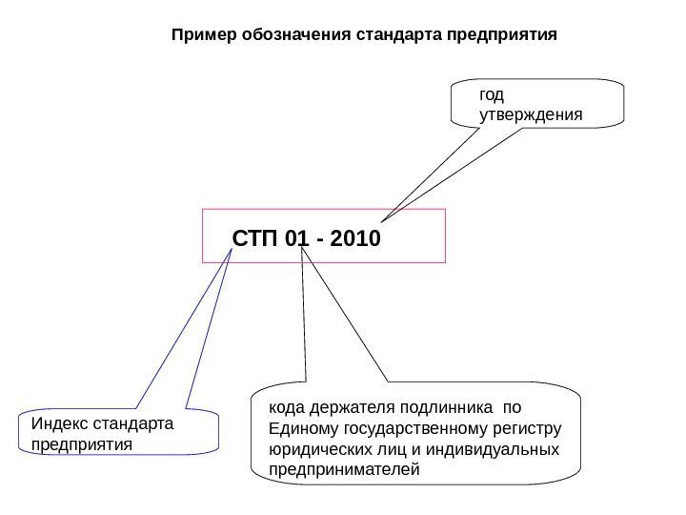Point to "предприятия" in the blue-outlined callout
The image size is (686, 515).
(82, 444)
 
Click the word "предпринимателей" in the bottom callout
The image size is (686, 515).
(344, 470)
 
